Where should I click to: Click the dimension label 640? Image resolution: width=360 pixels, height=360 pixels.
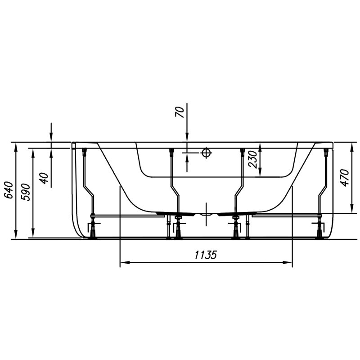pyautogui.click(x=9, y=189)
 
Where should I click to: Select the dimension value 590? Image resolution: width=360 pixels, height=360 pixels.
pyautogui.click(x=26, y=193)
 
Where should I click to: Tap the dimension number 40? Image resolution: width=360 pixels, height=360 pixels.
pyautogui.click(x=44, y=178)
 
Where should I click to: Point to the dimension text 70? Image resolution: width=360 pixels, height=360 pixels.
pyautogui.click(x=180, y=112)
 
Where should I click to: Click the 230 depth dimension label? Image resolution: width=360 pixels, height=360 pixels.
pyautogui.click(x=252, y=160)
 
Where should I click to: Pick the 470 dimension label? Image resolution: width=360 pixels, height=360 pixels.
pyautogui.click(x=345, y=178)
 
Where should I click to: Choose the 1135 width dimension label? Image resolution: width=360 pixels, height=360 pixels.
pyautogui.click(x=206, y=255)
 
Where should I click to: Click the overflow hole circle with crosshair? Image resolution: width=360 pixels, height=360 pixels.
pyautogui.click(x=207, y=153)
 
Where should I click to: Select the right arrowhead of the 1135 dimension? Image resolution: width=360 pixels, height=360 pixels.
pyautogui.click(x=287, y=262)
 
